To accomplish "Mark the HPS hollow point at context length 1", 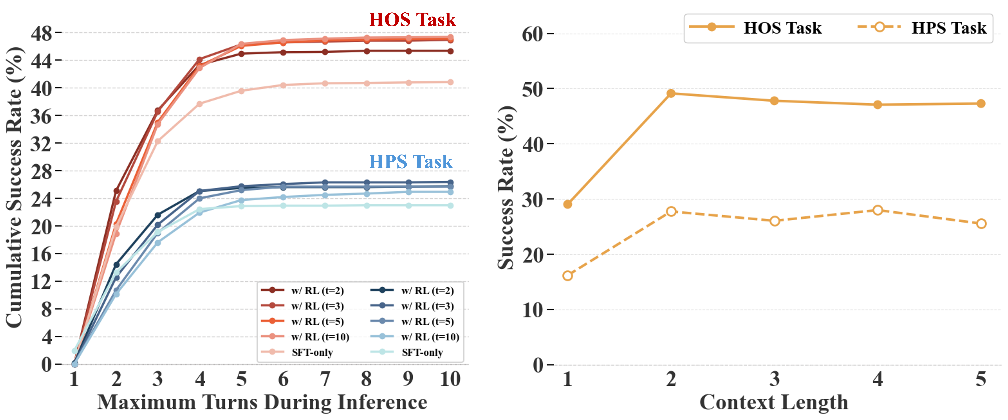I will coord(567,276).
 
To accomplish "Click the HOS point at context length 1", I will coord(567,204).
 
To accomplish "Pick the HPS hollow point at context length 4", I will coord(878,210).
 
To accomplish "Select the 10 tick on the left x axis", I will coord(450,379).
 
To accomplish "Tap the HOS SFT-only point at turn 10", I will coord(450,82).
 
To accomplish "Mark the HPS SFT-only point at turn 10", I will coord(450,205).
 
